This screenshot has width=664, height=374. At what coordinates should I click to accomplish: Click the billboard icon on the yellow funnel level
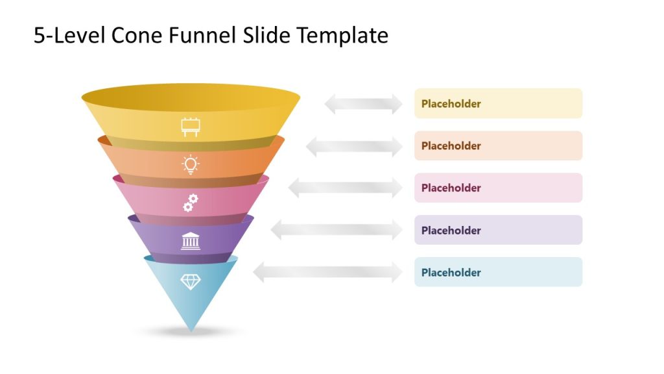(x=190, y=127)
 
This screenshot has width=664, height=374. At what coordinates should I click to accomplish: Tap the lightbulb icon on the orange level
(x=190, y=165)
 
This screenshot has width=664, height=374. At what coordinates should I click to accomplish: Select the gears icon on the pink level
(x=190, y=203)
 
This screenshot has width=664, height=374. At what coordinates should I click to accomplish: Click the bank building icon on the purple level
(x=190, y=241)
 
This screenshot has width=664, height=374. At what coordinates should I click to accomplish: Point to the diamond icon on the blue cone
(x=190, y=281)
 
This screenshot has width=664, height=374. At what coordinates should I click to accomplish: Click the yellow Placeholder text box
(x=498, y=103)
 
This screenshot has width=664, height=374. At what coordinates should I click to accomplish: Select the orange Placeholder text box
(x=498, y=145)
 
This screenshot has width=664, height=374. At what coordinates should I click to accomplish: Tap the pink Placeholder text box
(x=498, y=188)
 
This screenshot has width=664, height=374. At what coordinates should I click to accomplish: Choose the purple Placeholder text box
(x=498, y=230)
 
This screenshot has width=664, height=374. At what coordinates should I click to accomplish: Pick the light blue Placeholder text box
(x=498, y=272)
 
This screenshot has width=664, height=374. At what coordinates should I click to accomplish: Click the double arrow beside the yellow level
(x=363, y=103)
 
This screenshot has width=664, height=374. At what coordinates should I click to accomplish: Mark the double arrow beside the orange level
(x=354, y=146)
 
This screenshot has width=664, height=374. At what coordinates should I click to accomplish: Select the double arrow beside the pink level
(x=345, y=188)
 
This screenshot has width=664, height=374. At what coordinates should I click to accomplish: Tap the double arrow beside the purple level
(x=337, y=229)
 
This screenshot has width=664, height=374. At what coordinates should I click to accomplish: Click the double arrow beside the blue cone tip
(x=327, y=272)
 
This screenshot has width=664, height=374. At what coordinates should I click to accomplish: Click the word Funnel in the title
(x=204, y=35)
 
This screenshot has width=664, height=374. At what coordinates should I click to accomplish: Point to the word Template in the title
(x=342, y=35)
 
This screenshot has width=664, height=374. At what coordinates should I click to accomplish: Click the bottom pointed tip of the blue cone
(x=191, y=330)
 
